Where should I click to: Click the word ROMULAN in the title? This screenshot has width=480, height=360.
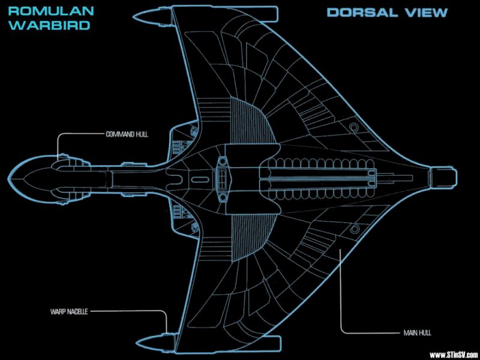coord(51,11)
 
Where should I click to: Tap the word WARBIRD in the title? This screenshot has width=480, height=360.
coord(50,25)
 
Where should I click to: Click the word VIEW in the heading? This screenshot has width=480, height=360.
coord(422,13)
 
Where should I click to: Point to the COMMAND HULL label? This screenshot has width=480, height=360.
coord(127,134)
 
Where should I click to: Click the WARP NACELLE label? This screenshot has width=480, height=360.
coord(69,312)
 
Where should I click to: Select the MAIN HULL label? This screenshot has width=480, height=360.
coord(415,333)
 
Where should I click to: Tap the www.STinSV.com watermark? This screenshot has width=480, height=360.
coord(454,355)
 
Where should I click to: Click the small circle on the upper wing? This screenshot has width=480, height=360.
coord(354,127)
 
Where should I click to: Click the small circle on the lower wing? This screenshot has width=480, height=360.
coord(355,229)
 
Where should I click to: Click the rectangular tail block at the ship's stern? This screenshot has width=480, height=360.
coord(443,177)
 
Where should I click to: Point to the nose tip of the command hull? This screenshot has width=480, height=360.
coord(8,178)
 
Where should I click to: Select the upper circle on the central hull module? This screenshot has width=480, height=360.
coord(223,160)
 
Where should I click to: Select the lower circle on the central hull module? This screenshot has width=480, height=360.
coord(223,198)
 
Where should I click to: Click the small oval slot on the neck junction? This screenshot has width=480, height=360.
coord(200,179)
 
